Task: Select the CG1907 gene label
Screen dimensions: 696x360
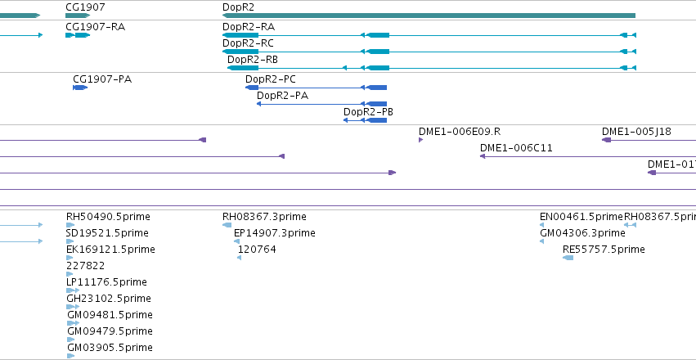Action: coord(85,7)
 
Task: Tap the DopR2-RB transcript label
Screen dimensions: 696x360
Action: coord(253,60)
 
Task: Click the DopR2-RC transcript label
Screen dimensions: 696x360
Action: coord(248,43)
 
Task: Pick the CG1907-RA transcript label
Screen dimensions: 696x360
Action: coord(96,27)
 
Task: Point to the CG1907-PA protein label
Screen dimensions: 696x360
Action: coord(102,79)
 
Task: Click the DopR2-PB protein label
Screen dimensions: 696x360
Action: coord(368,112)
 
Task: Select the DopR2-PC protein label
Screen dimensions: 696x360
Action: coord(271,79)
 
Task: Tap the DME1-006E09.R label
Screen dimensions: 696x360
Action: coord(460,132)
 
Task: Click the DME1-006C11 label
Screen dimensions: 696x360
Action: coord(516,148)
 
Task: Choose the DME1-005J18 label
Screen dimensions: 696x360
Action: coord(636,132)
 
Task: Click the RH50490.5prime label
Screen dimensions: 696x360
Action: coord(108,217)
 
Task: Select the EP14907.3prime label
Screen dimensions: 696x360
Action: coord(275,233)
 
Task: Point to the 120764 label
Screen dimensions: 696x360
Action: coord(257,250)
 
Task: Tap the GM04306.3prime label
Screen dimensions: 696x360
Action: coord(582,233)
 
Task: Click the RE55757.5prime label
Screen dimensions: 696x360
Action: coord(604,250)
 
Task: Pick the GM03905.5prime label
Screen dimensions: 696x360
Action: coord(110,348)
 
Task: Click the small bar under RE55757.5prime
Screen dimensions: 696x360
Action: coord(568,258)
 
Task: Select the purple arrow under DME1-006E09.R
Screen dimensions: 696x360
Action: coord(421,140)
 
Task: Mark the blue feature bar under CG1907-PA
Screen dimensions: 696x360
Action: coord(80,88)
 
